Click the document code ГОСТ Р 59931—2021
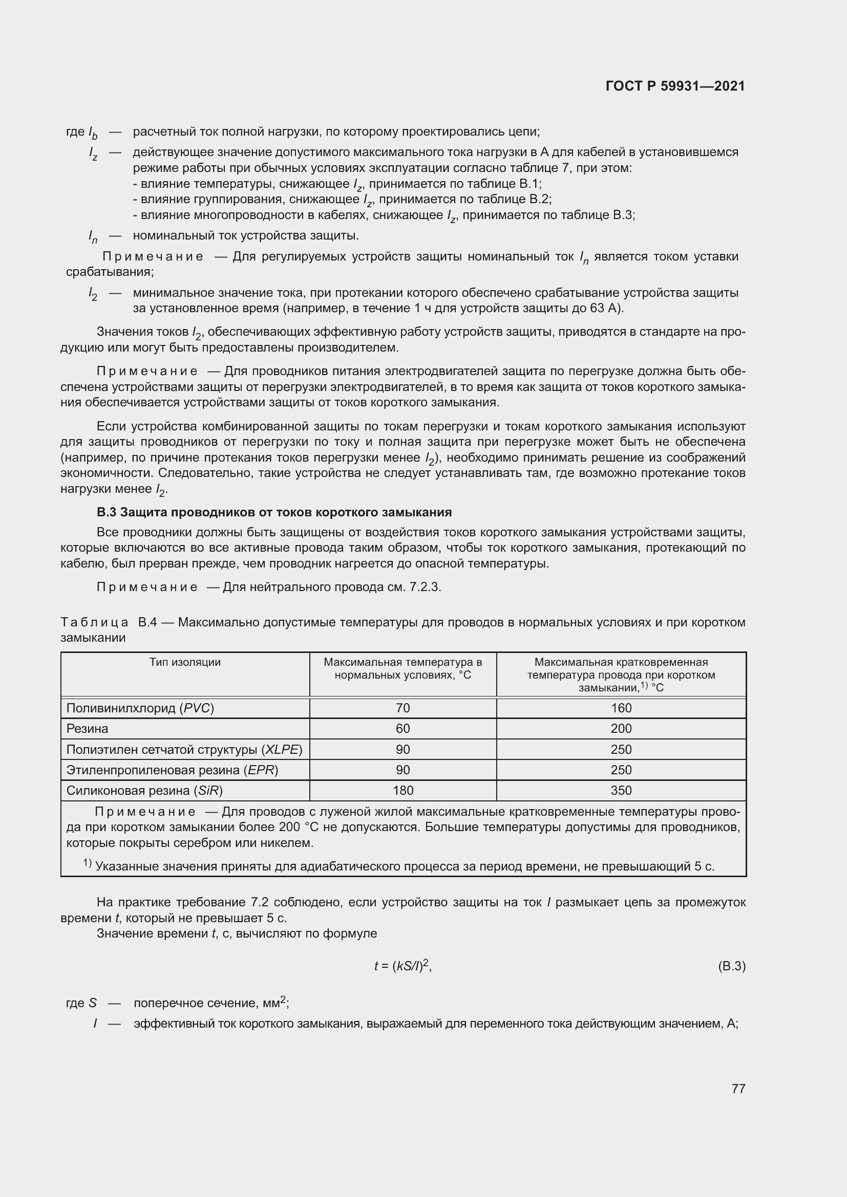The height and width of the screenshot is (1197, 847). click(x=675, y=86)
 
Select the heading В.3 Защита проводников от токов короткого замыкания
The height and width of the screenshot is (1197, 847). click(x=274, y=512)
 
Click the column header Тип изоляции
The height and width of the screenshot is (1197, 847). click(x=185, y=662)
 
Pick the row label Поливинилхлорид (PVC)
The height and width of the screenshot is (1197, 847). click(x=140, y=708)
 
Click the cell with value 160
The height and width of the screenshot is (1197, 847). click(x=621, y=708)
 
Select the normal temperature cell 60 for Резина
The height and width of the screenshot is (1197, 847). click(x=403, y=728)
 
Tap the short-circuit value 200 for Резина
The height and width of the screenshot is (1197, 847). click(x=621, y=728)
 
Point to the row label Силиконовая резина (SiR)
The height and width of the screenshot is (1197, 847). click(x=144, y=790)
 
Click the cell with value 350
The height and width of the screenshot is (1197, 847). click(x=621, y=790)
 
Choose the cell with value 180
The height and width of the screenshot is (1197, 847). click(x=403, y=790)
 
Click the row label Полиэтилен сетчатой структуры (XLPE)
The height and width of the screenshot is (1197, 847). click(x=184, y=749)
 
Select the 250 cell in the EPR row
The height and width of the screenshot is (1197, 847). click(x=621, y=770)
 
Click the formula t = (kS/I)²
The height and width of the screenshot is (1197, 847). click(x=402, y=966)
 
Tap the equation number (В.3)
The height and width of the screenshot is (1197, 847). click(x=731, y=966)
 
